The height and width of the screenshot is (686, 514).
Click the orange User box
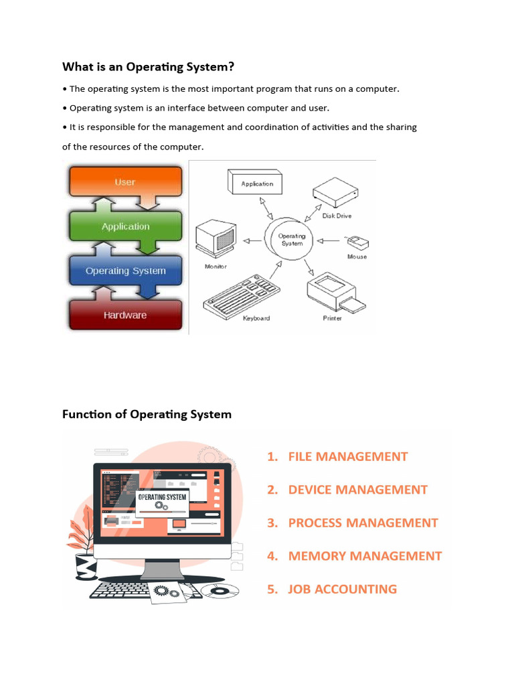pos(124,182)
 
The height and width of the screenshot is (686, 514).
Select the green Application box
pos(125,226)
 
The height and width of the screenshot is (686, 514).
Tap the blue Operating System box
pos(125,271)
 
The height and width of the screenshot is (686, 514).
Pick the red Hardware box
pos(125,315)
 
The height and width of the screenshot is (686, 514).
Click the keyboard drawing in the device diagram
pos(240,295)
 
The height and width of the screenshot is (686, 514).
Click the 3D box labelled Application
pos(256,182)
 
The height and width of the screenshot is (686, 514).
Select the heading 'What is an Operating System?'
pos(149,67)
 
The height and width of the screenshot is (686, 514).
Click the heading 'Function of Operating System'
pos(147,414)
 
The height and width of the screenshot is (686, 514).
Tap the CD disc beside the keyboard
pos(220,591)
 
